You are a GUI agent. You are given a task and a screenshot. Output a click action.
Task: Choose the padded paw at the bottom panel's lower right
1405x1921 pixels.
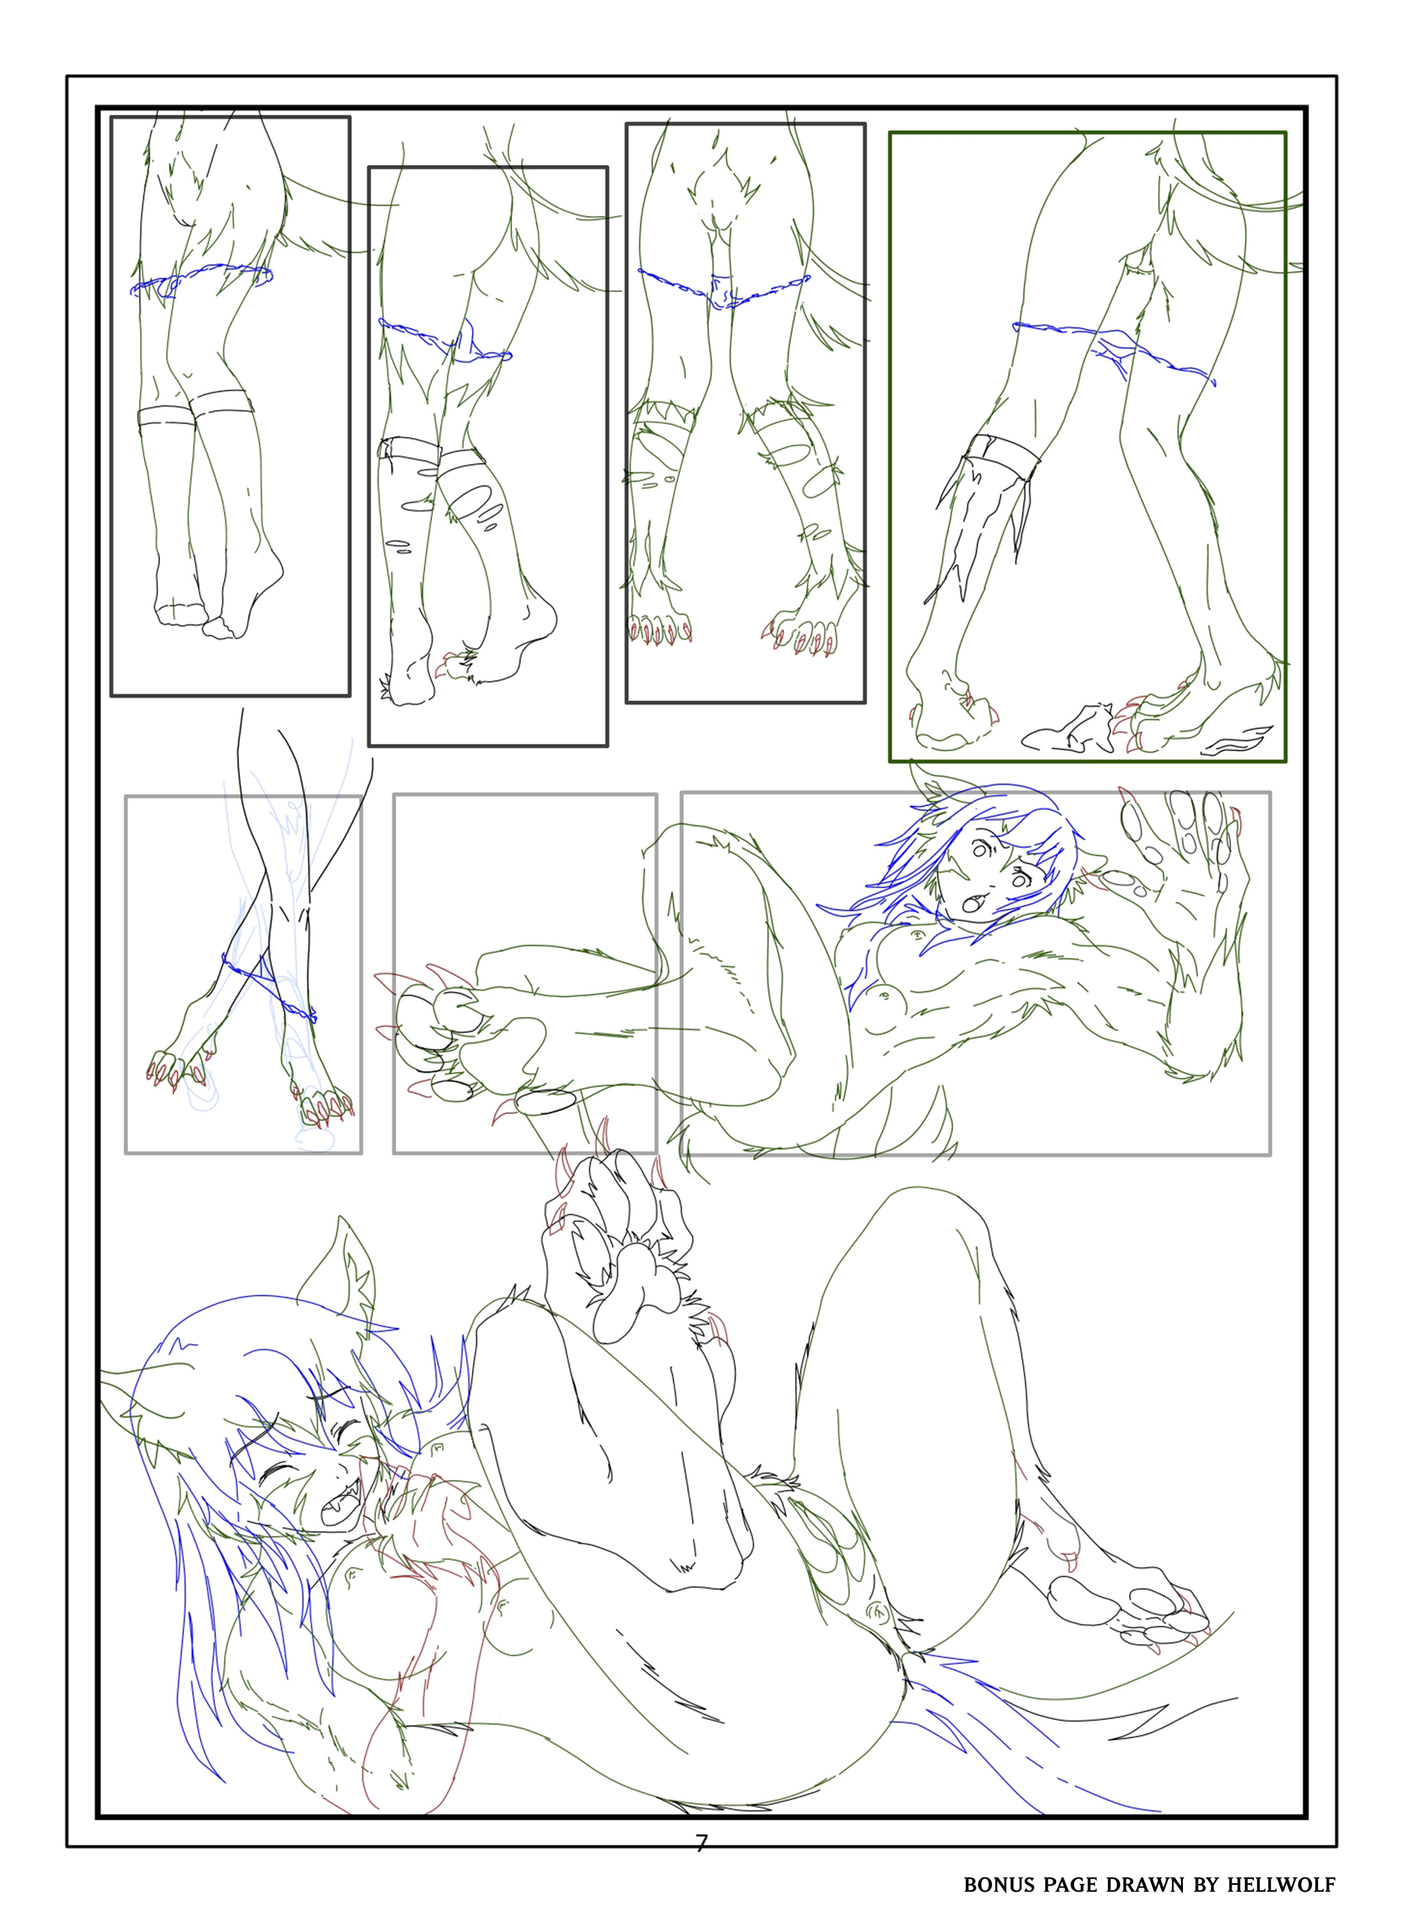1131,1600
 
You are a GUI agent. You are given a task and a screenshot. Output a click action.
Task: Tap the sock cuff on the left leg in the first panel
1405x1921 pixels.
166,417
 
